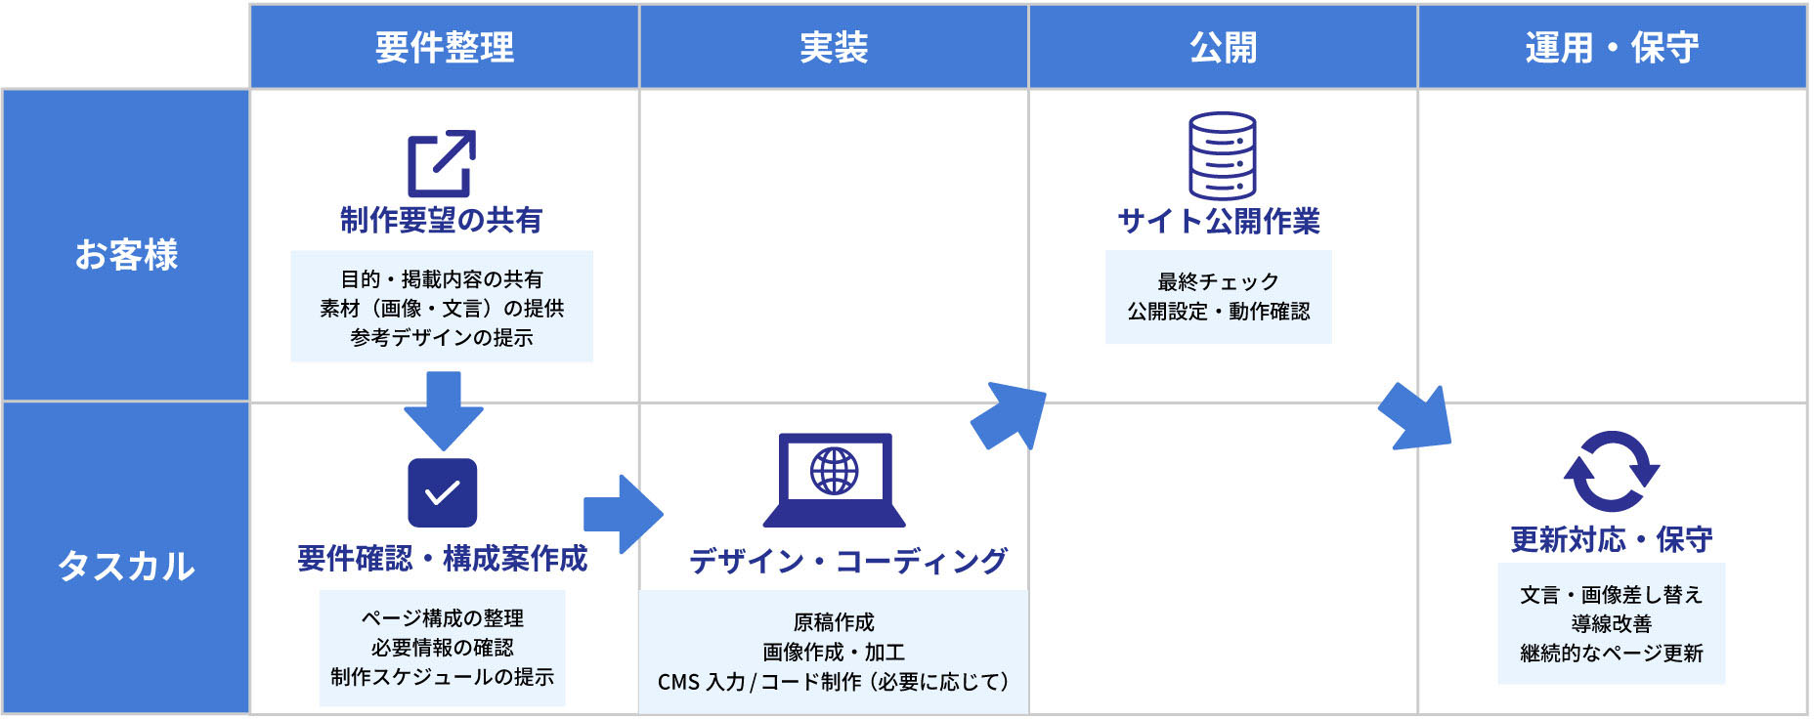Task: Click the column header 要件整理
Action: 445,47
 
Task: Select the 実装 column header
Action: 834,47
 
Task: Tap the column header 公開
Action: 1223,47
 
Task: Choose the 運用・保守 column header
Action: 1612,47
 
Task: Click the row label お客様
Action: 126,255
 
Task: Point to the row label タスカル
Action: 126,566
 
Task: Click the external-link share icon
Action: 442,163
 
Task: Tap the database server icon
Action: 1222,156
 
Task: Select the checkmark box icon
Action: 442,492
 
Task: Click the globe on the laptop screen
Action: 834,471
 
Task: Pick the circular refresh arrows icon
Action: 1611,471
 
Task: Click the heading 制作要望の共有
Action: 442,220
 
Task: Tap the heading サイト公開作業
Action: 1219,221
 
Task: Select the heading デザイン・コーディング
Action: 847,561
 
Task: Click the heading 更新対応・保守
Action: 1611,539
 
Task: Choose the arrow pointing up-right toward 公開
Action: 1009,416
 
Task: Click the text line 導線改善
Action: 1611,623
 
